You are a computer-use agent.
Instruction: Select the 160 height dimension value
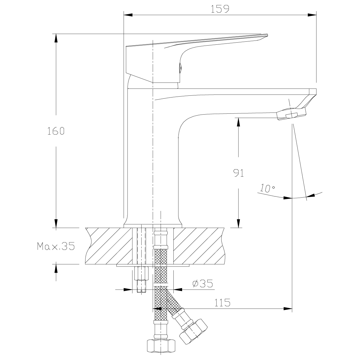coord(55,131)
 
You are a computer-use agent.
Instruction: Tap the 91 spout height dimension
coord(238,173)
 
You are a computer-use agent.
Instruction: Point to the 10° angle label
coord(268,188)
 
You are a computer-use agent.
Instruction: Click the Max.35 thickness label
coord(55,246)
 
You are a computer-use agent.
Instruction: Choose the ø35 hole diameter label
coord(202,283)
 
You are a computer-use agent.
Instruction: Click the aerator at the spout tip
coord(291,114)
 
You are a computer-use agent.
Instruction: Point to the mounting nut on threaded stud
coord(141,273)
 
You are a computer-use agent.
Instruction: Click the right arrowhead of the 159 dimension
coord(312,14)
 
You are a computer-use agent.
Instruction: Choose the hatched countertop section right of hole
coord(199,246)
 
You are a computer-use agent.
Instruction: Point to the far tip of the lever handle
coord(267,35)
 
